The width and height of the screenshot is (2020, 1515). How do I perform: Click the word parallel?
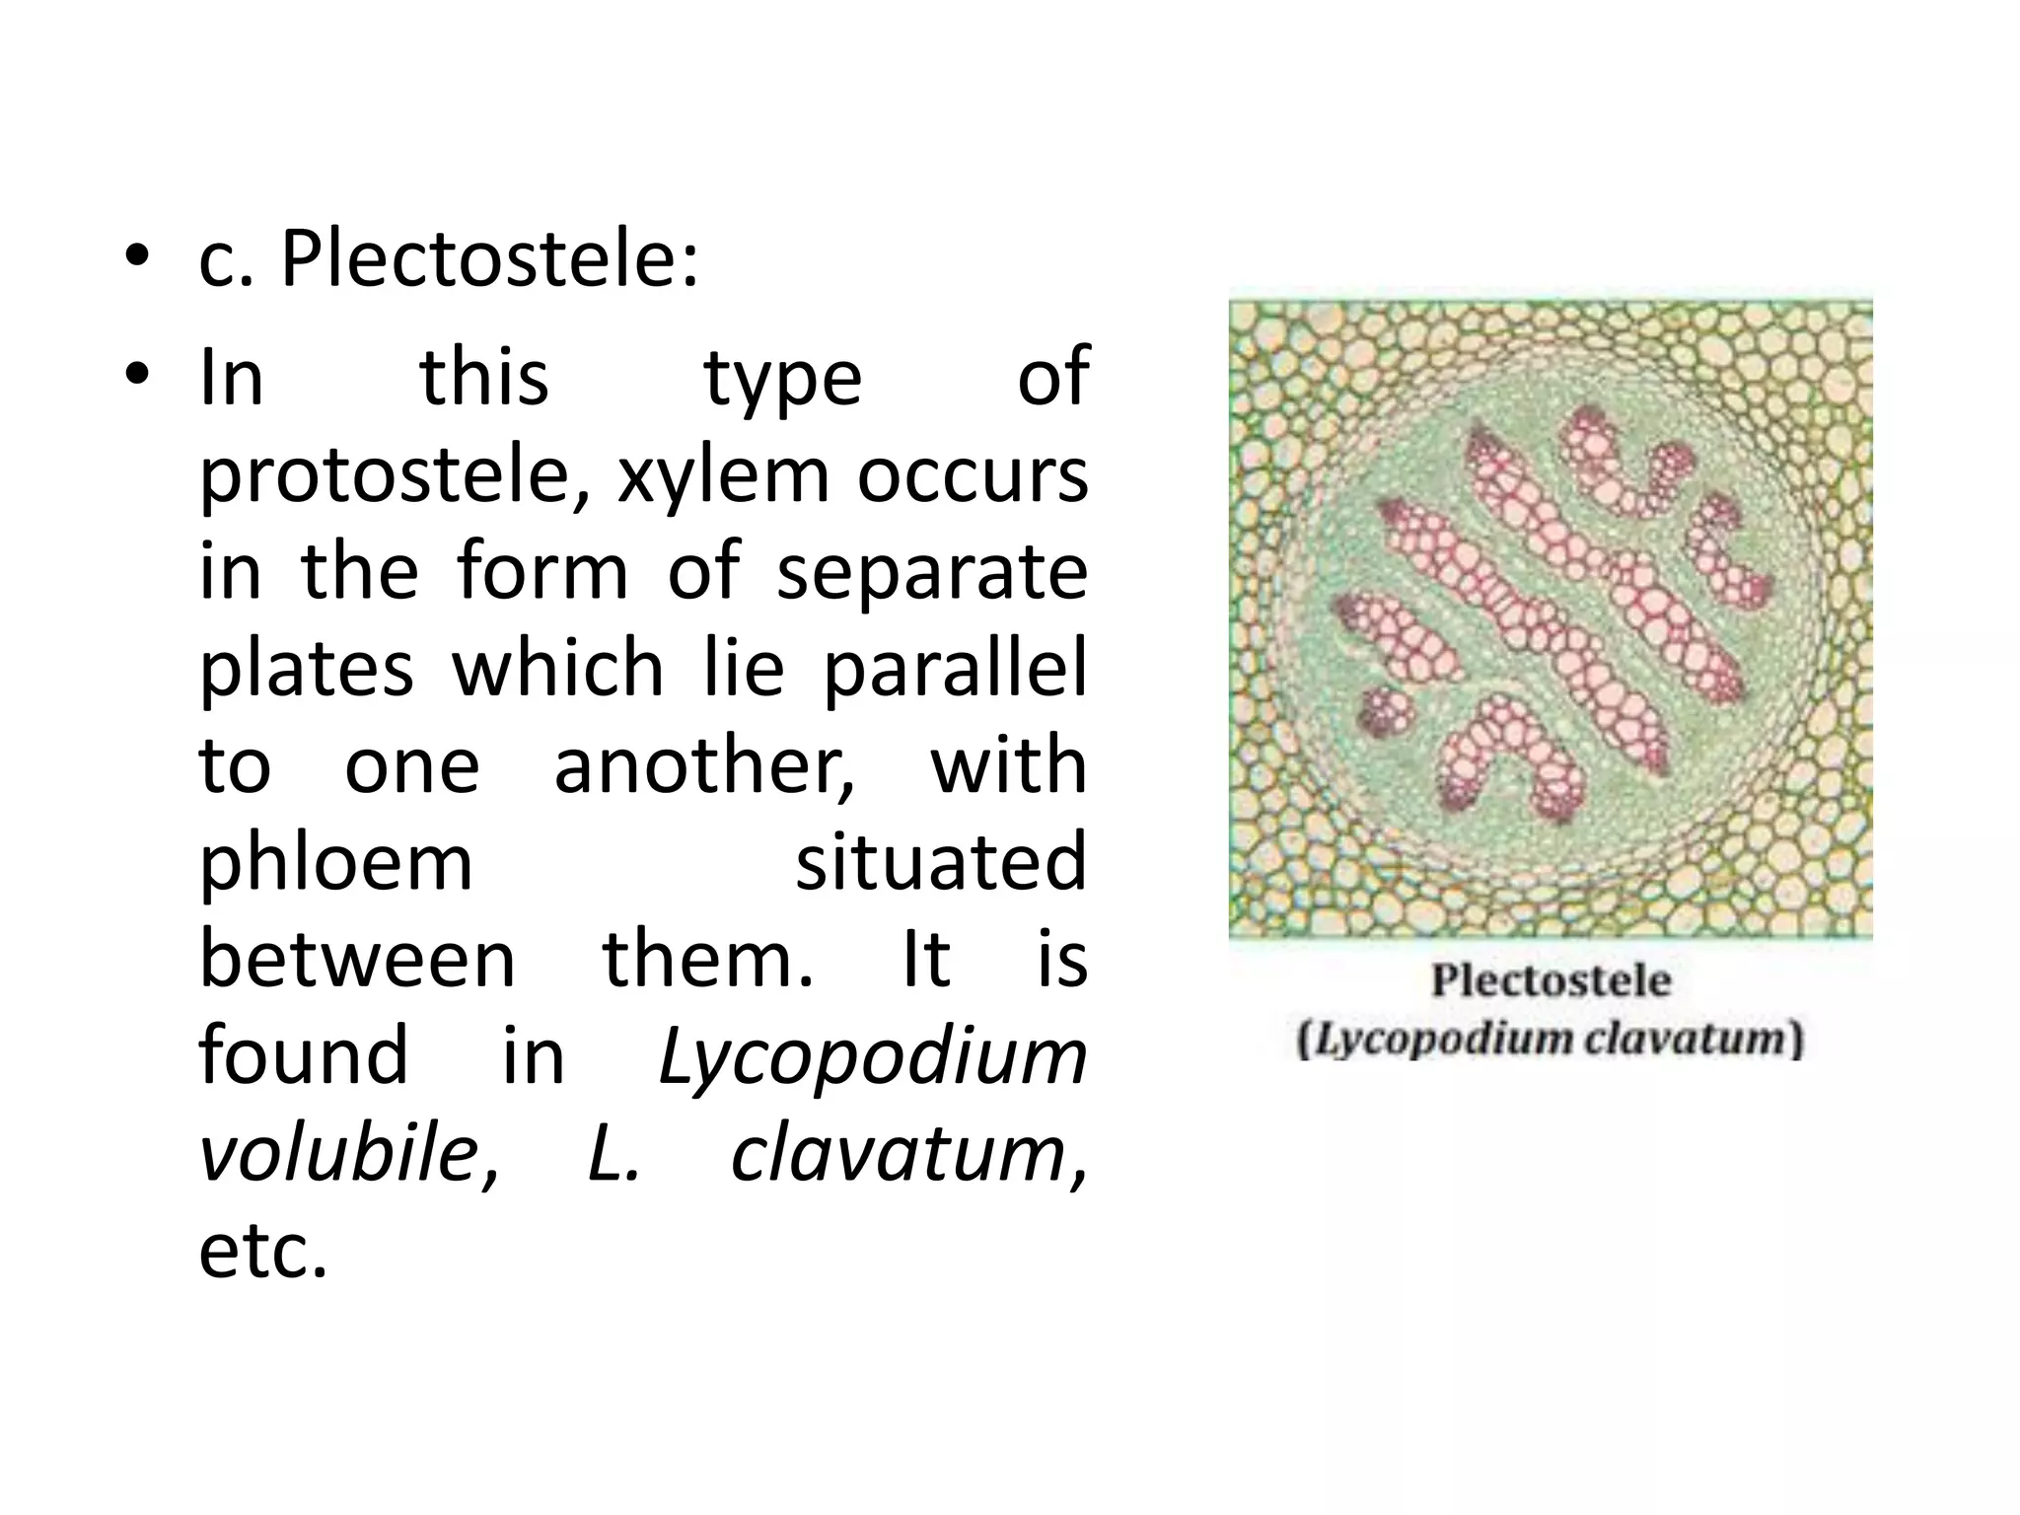(x=954, y=670)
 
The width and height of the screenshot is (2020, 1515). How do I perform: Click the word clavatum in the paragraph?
(x=899, y=1153)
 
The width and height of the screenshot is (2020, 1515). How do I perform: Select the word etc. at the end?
(x=262, y=1252)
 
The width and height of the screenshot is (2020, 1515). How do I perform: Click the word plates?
(x=307, y=670)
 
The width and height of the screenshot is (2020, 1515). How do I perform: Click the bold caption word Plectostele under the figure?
(x=1551, y=981)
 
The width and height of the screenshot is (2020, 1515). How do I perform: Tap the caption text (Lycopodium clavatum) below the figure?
(x=1551, y=1041)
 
